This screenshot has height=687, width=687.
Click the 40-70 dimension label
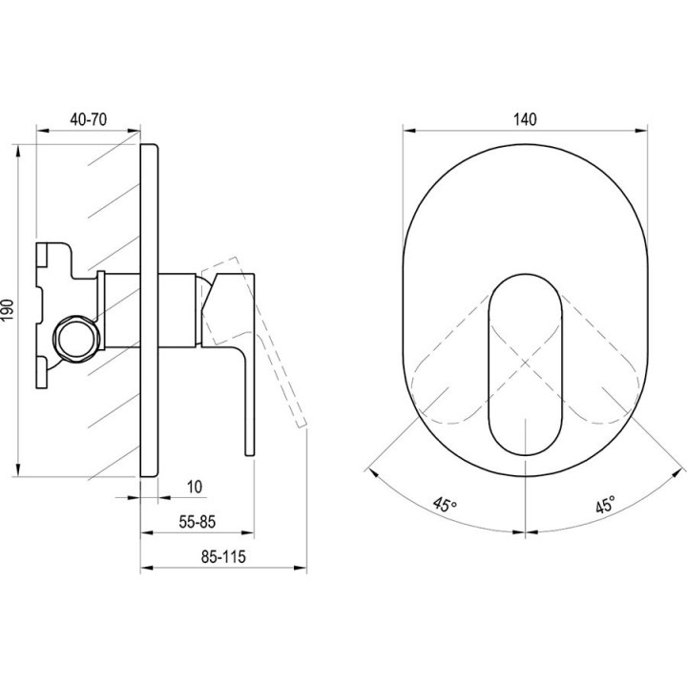88,119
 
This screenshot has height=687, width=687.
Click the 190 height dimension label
9,310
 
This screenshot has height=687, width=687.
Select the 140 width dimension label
525,119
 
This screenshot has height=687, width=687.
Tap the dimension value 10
195,487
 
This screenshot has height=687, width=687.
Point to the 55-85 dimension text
198,522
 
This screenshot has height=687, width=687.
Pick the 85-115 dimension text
223,557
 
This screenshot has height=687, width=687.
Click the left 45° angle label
445,505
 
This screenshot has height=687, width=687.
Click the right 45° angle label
606,505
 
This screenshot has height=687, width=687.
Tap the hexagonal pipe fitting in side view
75,338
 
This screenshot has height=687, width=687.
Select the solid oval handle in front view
525,364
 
